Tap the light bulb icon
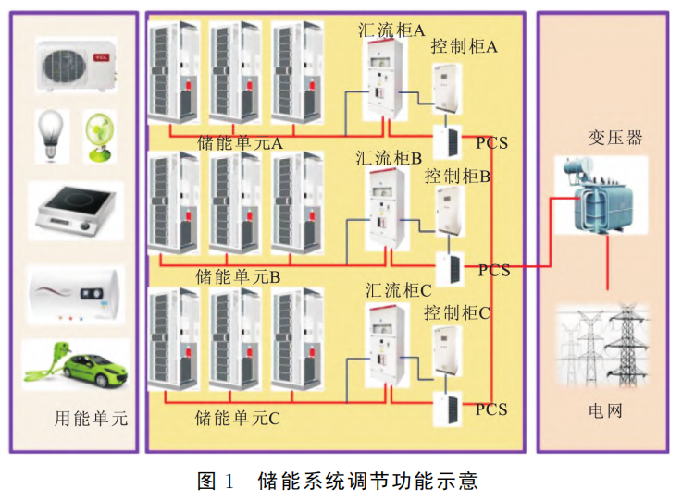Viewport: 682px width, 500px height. point(49,131)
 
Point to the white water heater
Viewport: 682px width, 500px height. point(75,295)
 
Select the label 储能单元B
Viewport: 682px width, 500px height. point(238,276)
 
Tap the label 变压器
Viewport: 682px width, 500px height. point(615,139)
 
